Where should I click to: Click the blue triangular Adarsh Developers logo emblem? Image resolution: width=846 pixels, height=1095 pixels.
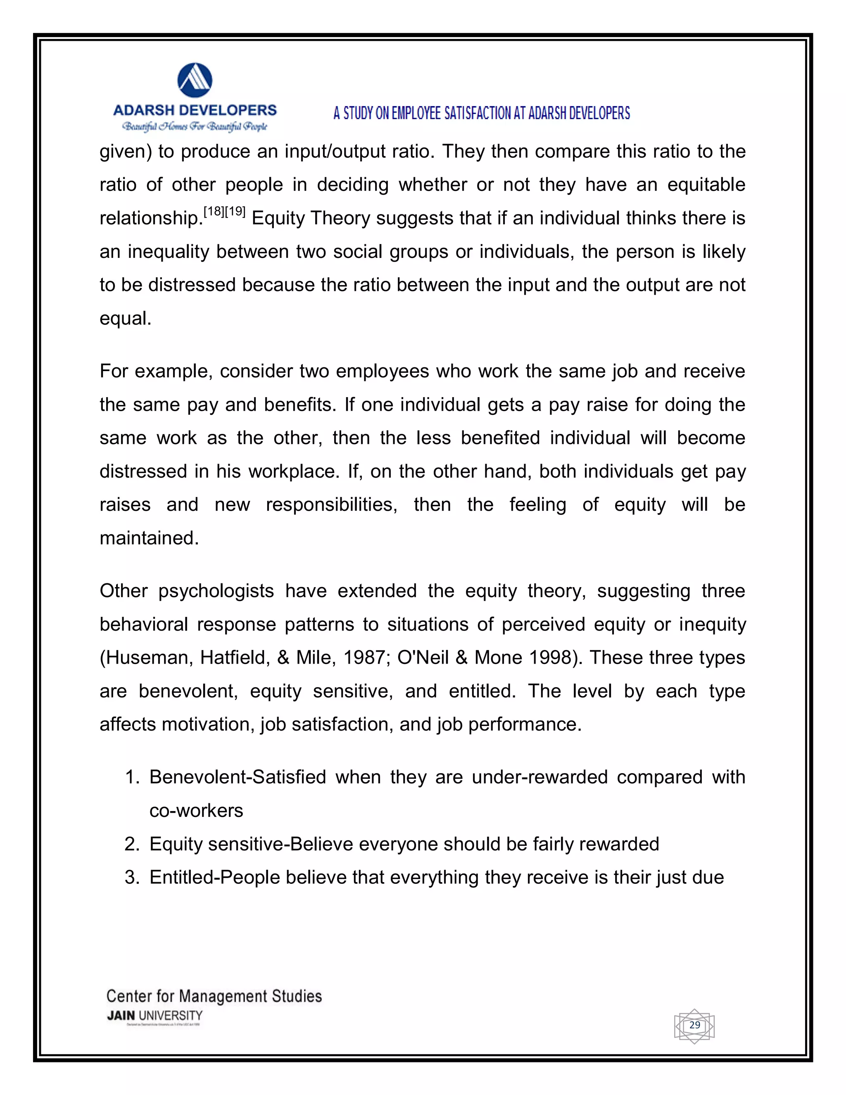click(x=195, y=80)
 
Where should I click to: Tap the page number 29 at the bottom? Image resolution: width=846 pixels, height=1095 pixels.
click(x=694, y=1025)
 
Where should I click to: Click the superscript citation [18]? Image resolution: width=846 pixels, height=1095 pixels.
click(x=214, y=212)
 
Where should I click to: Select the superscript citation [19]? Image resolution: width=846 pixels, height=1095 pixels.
click(x=235, y=212)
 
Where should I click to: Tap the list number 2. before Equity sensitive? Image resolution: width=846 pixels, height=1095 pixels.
click(x=132, y=844)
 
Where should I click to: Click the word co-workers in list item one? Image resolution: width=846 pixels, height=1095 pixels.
click(x=196, y=811)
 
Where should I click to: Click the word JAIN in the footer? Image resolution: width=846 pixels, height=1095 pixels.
click(x=121, y=1016)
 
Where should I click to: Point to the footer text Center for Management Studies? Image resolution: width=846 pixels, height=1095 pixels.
click(x=214, y=996)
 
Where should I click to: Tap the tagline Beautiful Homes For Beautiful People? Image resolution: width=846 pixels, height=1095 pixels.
click(x=195, y=126)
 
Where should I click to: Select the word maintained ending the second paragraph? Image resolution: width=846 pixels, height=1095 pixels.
click(x=149, y=538)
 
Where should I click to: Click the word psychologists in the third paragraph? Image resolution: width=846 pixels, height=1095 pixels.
click(x=216, y=591)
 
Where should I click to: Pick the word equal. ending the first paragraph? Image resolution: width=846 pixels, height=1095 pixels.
click(x=125, y=318)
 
